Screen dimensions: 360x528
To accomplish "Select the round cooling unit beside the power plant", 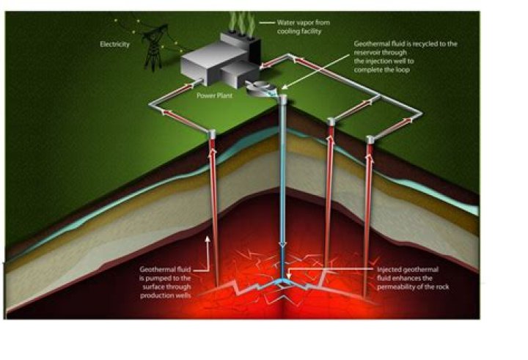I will click(x=260, y=89).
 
